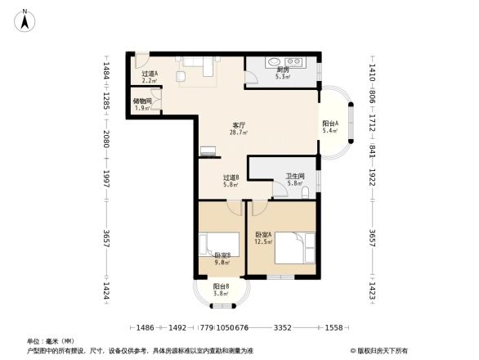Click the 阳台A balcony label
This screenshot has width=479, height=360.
[330, 124]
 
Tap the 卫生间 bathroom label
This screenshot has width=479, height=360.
[295, 176]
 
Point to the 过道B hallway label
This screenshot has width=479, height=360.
[231, 178]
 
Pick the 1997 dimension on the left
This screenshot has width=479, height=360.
[106, 179]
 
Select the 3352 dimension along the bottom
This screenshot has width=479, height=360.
[283, 328]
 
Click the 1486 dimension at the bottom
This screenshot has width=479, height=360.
[145, 328]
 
